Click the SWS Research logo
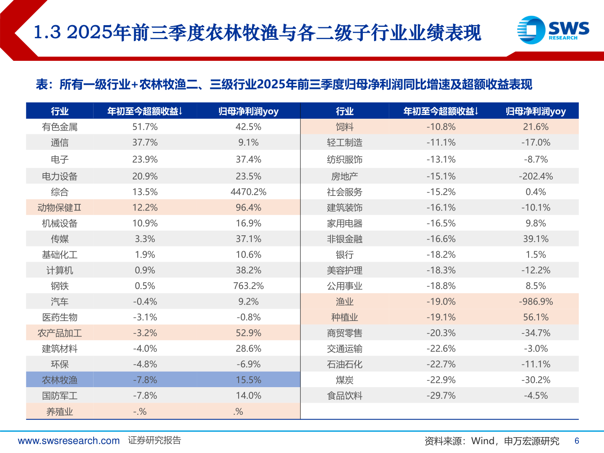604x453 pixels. point(553,30)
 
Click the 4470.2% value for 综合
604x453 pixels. point(248,192)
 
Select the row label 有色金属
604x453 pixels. point(60,127)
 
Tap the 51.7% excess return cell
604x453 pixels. point(145,127)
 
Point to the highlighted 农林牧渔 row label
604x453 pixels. point(60,380)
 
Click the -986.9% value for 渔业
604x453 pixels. point(536,302)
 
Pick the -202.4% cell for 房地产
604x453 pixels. point(536,177)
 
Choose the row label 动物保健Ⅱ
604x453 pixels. point(60,208)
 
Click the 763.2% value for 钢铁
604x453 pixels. point(248,286)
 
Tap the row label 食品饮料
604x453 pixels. point(344,396)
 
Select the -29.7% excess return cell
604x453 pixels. point(441,396)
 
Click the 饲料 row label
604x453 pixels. point(344,127)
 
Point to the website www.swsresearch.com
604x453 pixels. point(69,441)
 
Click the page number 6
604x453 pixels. point(577,441)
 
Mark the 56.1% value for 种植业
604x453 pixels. point(536,318)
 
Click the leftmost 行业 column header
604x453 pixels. point(60,111)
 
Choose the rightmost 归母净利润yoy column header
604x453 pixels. point(536,111)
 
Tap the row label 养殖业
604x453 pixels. point(60,411)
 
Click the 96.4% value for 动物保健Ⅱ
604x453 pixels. point(248,208)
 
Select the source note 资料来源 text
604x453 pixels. point(492,441)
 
